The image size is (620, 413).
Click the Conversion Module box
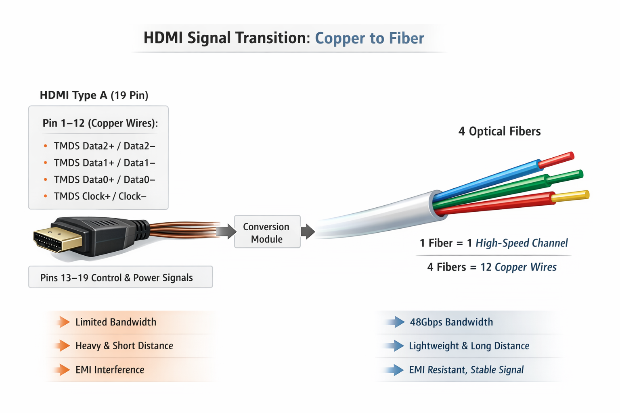tap(267, 232)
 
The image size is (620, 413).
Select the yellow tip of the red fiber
tap(570, 196)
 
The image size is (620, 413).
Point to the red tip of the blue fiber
tap(557, 159)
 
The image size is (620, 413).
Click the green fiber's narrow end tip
tap(565, 176)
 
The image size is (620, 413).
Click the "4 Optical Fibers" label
tap(499, 131)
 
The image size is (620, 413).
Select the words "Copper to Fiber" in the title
tap(369, 38)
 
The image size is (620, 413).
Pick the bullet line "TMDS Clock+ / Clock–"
tap(100, 196)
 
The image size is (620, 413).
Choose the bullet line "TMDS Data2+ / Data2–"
tap(105, 146)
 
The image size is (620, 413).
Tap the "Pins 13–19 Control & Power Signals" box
tap(120, 277)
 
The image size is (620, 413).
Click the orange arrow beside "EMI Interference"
tap(63, 369)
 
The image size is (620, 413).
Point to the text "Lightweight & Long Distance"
tap(469, 346)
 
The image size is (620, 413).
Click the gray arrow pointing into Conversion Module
tap(226, 232)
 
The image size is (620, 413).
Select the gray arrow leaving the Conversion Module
tap(308, 232)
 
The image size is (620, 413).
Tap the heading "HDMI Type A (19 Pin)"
tap(94, 95)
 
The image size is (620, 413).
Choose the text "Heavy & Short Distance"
tap(124, 346)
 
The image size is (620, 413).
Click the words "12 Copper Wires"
tap(518, 267)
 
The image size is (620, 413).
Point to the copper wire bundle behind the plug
tap(184, 230)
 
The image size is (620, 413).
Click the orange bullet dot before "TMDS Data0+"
tap(46, 179)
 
